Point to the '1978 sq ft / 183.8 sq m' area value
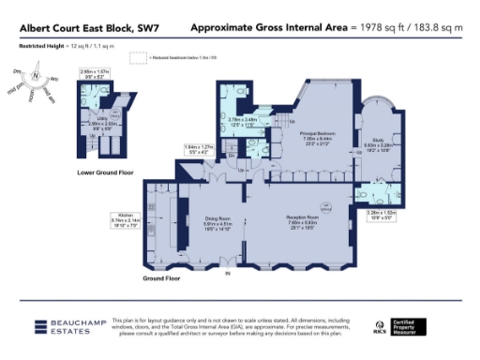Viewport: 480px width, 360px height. tap(406, 28)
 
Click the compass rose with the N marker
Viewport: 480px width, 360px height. tap(35, 77)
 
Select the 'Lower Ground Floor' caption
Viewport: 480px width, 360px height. tap(104, 173)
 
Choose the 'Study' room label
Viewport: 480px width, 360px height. tap(378, 138)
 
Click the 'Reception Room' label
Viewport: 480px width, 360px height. tap(301, 217)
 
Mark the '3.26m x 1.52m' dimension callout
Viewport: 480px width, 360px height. tap(381, 215)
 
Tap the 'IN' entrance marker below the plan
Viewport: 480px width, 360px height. tap(226, 274)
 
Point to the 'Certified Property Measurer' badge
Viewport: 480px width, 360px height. tap(413, 326)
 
